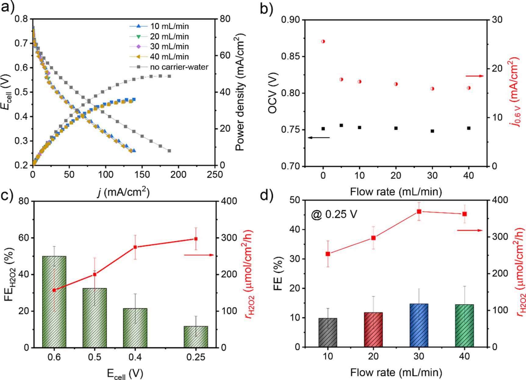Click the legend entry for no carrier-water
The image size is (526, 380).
(x=179, y=67)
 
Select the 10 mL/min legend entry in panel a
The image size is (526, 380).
(x=169, y=26)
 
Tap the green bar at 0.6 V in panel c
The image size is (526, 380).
(x=54, y=302)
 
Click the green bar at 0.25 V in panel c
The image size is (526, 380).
(x=196, y=337)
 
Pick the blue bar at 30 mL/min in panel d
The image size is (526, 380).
(x=419, y=325)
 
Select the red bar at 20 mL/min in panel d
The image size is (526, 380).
(x=373, y=330)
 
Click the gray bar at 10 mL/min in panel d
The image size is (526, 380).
(x=328, y=332)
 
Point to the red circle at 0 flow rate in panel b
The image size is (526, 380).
(x=323, y=41)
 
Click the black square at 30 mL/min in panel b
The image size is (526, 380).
(x=432, y=131)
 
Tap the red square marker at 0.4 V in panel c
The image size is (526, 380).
(x=135, y=247)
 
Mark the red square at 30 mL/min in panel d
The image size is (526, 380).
(x=419, y=212)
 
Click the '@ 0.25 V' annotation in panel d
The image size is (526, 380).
(x=334, y=215)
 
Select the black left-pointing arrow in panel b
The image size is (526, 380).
(x=319, y=138)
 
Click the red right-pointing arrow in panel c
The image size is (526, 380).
(x=199, y=255)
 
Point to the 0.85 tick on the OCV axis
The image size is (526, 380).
(x=290, y=56)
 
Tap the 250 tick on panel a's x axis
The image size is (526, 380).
(x=215, y=175)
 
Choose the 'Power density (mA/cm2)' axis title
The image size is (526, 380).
(x=240, y=91)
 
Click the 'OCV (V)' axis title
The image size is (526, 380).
(x=273, y=93)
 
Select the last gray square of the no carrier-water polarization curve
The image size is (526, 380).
(x=169, y=151)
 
